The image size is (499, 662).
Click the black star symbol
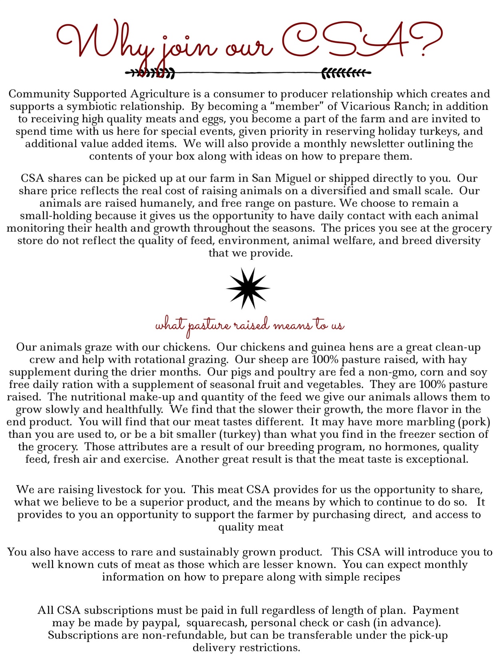click(248, 288)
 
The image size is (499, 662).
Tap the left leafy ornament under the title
click(150, 73)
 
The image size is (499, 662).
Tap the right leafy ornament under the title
click(346, 73)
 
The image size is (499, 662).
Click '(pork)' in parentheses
click(474, 422)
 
